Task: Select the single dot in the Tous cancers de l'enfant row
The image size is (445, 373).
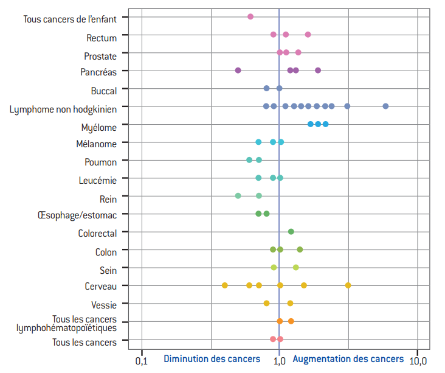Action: [250, 16]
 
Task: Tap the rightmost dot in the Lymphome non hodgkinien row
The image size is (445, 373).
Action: [385, 106]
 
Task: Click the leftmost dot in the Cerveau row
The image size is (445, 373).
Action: [225, 285]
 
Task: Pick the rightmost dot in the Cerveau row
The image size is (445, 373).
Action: [348, 285]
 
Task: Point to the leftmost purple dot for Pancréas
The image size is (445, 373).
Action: [238, 71]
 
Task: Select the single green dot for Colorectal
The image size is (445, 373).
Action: [291, 231]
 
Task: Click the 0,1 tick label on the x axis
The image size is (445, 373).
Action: [141, 361]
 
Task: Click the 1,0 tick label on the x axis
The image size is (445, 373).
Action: [279, 361]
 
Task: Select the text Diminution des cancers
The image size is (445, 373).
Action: [212, 359]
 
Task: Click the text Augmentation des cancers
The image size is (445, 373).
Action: [348, 359]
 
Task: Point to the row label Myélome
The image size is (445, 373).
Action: [98, 127]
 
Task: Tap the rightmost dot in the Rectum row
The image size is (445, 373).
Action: [308, 35]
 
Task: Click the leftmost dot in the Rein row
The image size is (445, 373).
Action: [238, 195]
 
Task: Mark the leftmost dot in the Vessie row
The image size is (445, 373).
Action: [266, 303]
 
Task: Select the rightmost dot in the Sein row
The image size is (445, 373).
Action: [296, 267]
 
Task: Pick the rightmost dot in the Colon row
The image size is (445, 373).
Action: [300, 249]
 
